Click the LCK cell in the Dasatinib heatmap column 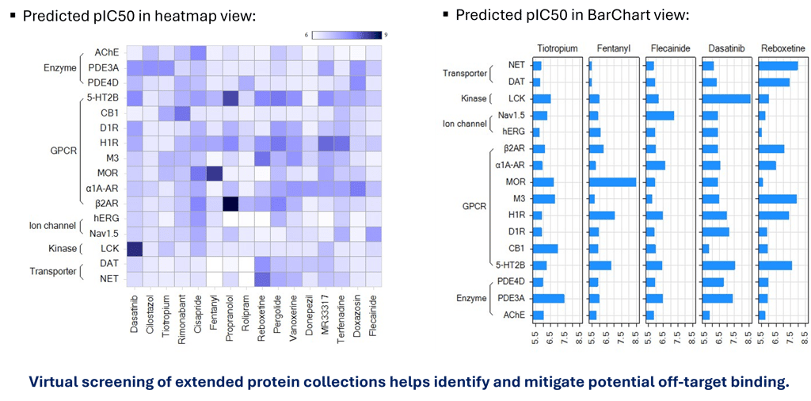click(135, 249)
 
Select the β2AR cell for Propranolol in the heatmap click(230, 204)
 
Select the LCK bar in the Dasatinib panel click(725, 98)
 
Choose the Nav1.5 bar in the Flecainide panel click(660, 116)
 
